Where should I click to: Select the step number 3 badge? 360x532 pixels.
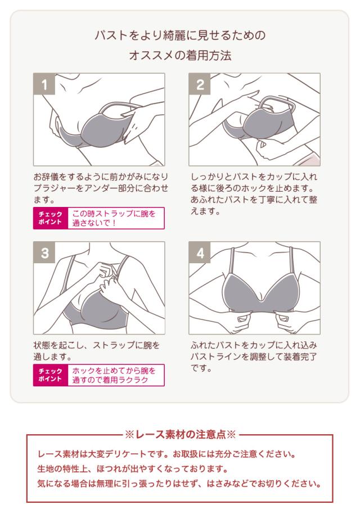[44, 253]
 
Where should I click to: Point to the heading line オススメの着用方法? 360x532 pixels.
[179, 57]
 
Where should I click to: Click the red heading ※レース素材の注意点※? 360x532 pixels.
[179, 434]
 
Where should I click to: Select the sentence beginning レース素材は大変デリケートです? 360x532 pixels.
[175, 453]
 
